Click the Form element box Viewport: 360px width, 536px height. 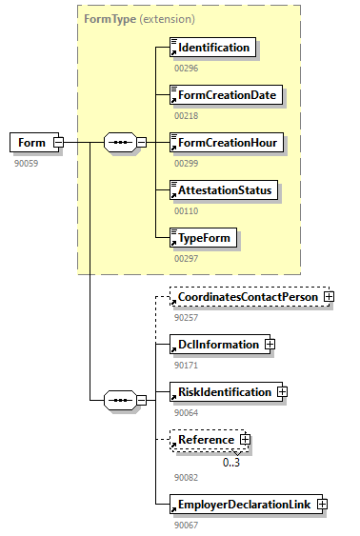[x=30, y=143]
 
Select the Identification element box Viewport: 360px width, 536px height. [x=212, y=47]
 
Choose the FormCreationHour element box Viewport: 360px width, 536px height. [x=225, y=142]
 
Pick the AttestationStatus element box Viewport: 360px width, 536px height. [x=223, y=189]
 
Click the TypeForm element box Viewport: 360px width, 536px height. [x=202, y=237]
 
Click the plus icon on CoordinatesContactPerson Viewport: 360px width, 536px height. [x=330, y=297]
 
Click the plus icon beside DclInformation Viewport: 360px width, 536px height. [x=270, y=344]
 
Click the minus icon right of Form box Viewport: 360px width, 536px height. [x=58, y=143]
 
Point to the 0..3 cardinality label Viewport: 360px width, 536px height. [x=231, y=463]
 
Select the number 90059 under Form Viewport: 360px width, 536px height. [x=26, y=163]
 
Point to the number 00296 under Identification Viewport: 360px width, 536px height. [x=186, y=68]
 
